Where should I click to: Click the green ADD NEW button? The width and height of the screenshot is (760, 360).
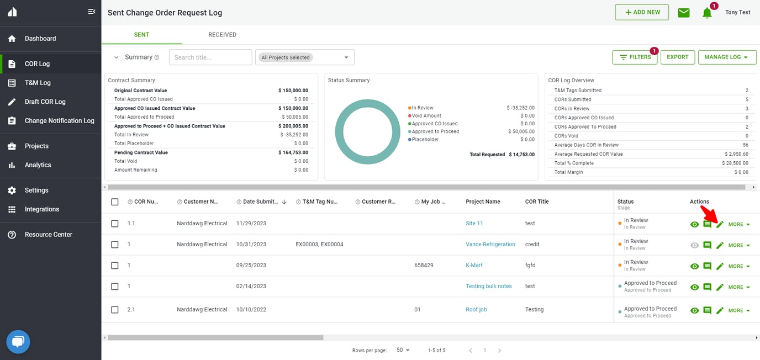(x=642, y=12)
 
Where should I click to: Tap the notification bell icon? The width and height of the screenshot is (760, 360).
(x=707, y=13)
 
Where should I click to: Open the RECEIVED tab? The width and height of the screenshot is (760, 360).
(x=222, y=35)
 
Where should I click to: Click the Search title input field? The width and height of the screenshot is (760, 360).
(x=210, y=57)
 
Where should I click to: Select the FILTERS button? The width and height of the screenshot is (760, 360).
(x=635, y=57)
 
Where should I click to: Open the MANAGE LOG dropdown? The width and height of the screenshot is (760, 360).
(x=726, y=57)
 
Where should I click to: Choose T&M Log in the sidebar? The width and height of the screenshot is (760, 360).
(x=38, y=83)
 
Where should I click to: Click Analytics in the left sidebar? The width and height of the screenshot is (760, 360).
(x=38, y=165)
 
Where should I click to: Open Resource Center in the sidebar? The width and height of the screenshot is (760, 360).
(x=48, y=235)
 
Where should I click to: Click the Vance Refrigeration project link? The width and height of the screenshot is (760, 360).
(x=490, y=245)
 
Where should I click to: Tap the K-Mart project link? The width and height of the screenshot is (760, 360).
(x=474, y=266)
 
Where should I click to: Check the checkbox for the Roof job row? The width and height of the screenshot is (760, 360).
(x=115, y=310)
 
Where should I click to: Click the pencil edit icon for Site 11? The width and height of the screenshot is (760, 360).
(x=720, y=224)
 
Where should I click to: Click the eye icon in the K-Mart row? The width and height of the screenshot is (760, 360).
(x=695, y=266)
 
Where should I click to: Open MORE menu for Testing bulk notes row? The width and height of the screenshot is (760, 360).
(x=739, y=287)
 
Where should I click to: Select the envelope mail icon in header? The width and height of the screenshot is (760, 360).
(x=684, y=13)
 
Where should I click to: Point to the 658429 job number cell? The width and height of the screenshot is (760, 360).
(x=424, y=266)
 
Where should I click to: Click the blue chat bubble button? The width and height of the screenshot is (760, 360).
(x=18, y=342)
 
